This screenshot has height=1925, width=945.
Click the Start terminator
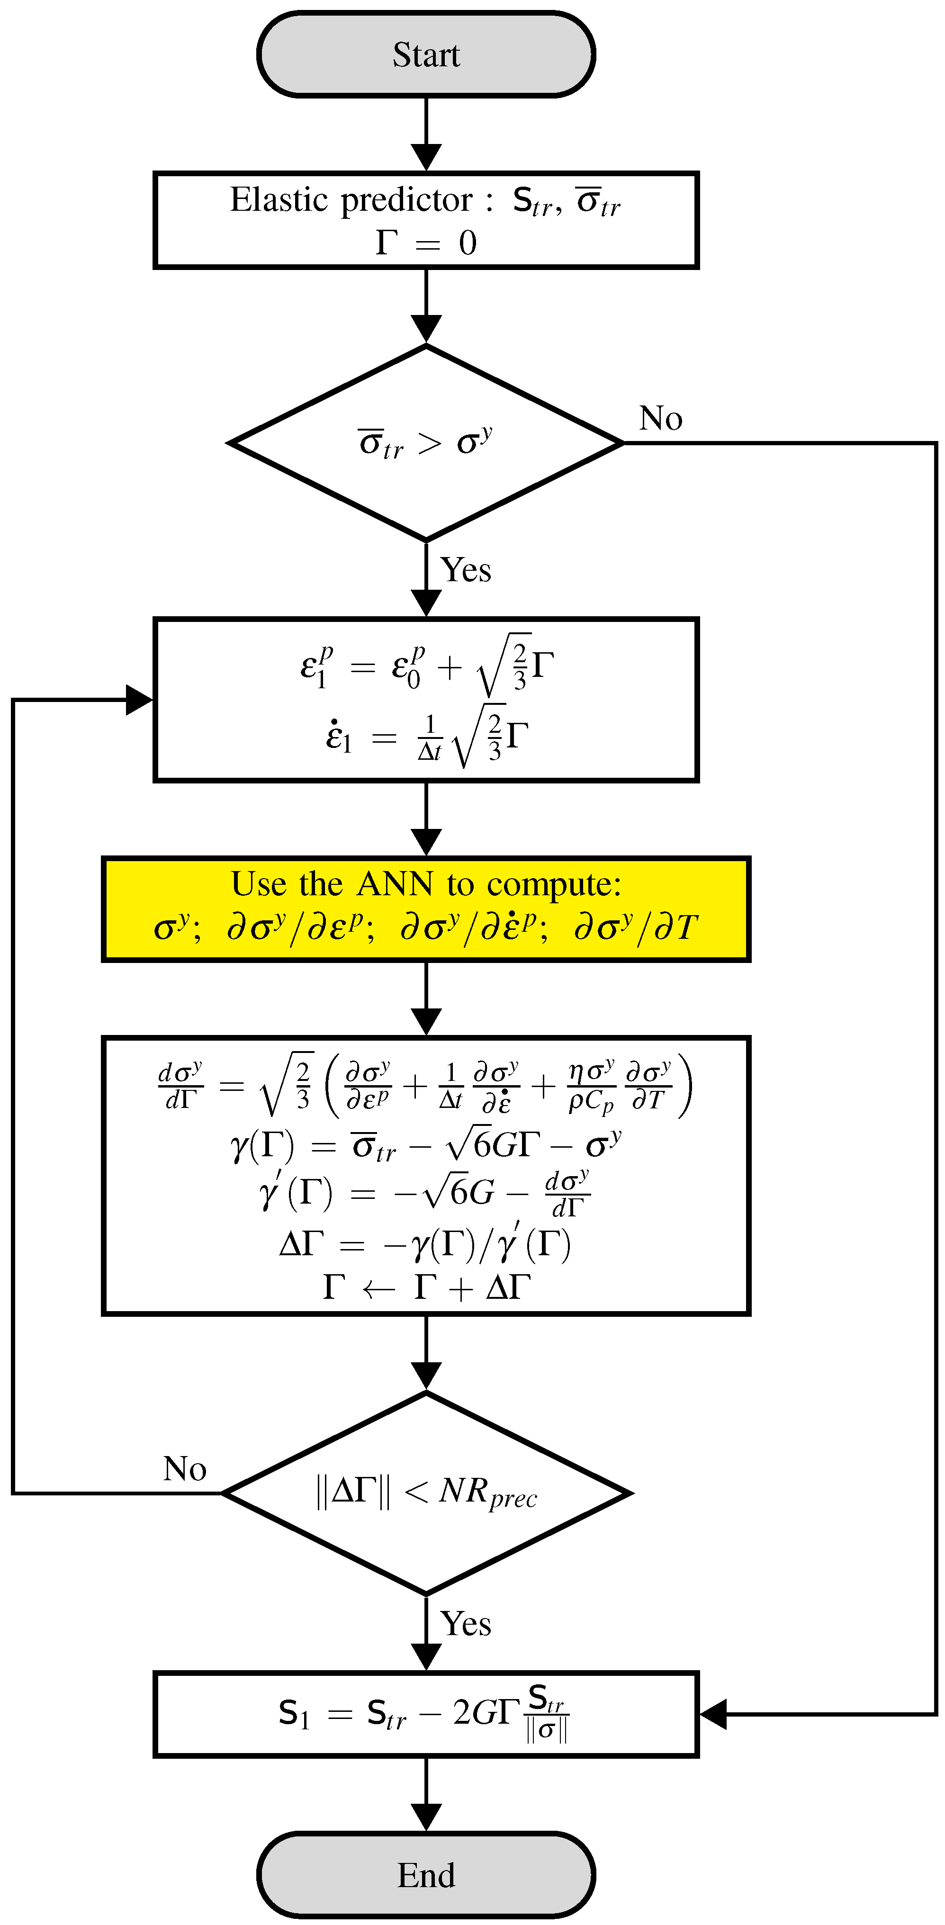pos(426,54)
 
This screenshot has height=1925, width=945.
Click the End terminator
pos(426,1875)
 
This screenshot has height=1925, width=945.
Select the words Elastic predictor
pos(351,200)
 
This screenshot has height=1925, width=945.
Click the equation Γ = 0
pos(426,243)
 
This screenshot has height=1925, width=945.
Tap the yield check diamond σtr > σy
pos(426,443)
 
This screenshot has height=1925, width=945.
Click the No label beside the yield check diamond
pos(660,418)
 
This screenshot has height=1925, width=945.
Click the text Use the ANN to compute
pos(426,884)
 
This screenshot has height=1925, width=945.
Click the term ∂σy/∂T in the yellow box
pos(636,928)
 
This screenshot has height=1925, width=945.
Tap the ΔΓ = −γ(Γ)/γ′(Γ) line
pos(426,1244)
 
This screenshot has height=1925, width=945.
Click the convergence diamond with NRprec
pos(426,1493)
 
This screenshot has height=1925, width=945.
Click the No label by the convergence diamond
pos(185,1469)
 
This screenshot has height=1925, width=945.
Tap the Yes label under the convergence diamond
pos(466,1624)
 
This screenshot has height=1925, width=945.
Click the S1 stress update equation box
pos(426,1714)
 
